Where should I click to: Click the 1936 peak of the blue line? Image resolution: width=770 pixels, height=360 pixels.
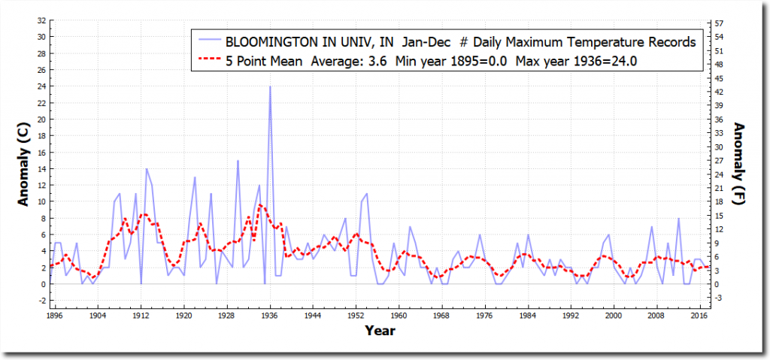pyautogui.click(x=270, y=86)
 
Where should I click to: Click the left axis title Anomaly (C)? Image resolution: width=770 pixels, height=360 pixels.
pyautogui.click(x=24, y=164)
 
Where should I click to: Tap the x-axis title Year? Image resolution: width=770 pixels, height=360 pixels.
pyautogui.click(x=380, y=330)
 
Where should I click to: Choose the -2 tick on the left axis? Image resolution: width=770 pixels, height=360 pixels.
pyautogui.click(x=42, y=301)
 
